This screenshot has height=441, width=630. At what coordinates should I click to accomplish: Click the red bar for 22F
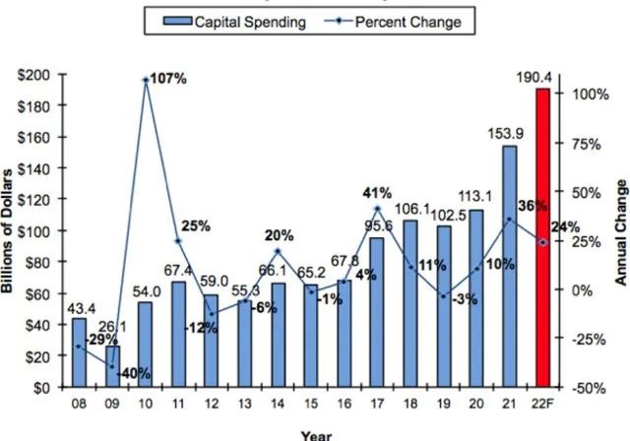[541, 238]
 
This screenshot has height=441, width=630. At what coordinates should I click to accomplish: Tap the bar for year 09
[113, 366]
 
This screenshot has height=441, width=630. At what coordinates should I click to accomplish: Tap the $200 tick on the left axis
[42, 74]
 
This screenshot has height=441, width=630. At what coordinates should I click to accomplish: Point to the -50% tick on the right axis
[581, 388]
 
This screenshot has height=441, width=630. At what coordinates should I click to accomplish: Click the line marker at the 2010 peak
[146, 80]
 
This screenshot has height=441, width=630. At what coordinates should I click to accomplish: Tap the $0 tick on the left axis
[50, 388]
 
